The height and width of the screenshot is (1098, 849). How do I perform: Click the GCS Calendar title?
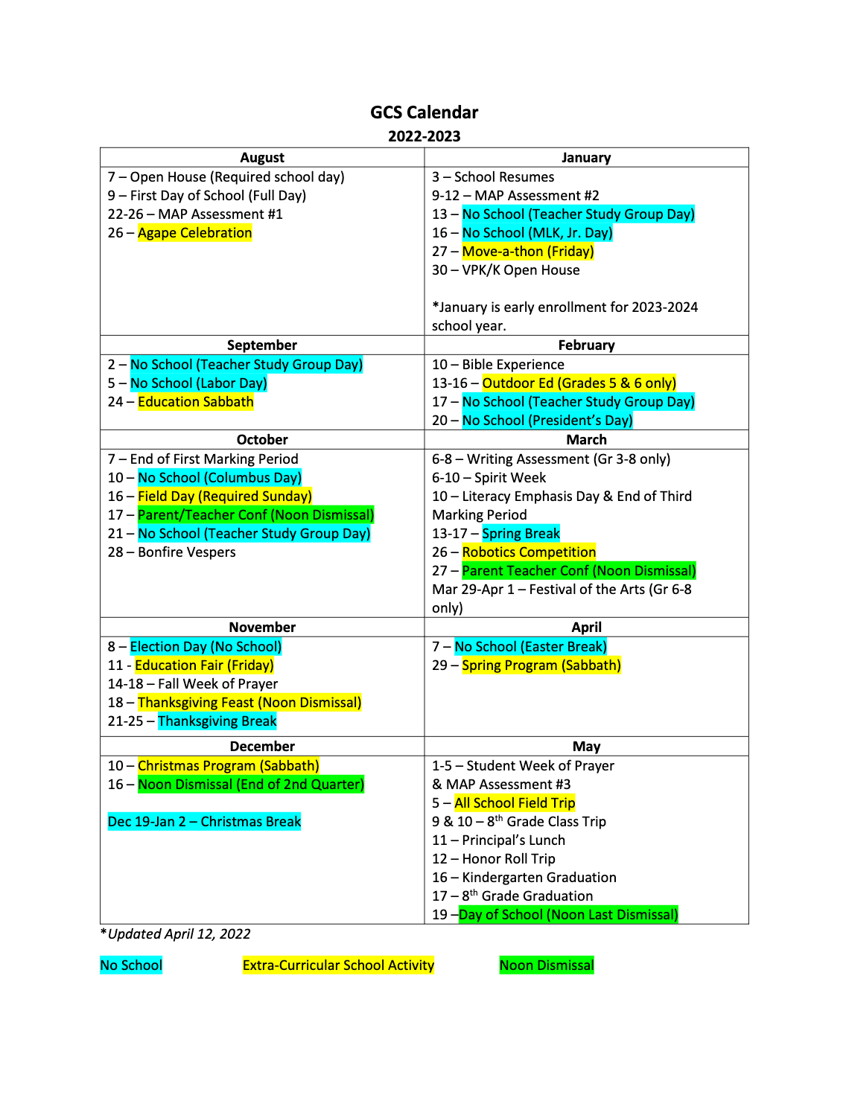[424, 112]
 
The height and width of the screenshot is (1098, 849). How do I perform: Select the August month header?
[262, 157]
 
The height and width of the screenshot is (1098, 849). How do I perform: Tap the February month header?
[586, 345]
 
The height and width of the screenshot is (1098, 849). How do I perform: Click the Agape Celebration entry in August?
[194, 233]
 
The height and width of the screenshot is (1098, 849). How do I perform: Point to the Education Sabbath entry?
[195, 402]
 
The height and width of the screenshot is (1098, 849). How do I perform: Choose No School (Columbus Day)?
[220, 478]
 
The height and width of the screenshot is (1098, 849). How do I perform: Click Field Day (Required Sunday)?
[224, 497]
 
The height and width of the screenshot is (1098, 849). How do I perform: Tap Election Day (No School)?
[206, 647]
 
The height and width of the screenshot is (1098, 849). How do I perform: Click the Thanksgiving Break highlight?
[217, 721]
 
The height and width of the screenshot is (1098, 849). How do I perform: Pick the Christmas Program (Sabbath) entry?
[228, 766]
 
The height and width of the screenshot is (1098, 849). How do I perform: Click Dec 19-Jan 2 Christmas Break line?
[204, 822]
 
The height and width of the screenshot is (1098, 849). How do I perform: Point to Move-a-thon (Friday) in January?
[527, 252]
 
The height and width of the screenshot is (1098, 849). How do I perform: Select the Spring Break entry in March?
[521, 534]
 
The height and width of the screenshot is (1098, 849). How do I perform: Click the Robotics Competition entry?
[529, 552]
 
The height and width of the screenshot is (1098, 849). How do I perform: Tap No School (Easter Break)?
[530, 647]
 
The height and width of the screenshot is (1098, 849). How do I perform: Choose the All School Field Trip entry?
[515, 803]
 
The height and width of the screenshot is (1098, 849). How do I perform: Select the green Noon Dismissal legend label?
[547, 965]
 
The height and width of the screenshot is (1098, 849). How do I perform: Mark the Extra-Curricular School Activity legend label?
[338, 965]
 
